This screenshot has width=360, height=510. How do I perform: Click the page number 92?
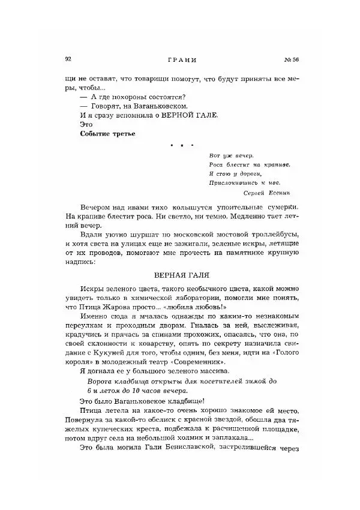click(x=68, y=59)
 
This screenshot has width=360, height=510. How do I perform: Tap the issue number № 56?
click(x=290, y=59)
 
